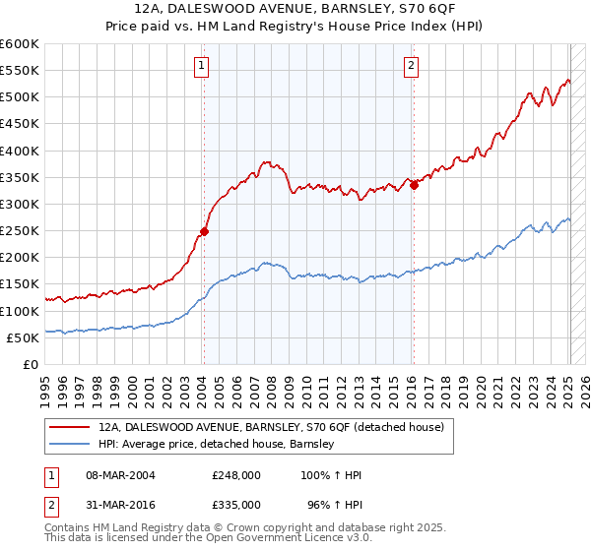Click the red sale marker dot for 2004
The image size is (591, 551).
click(x=204, y=232)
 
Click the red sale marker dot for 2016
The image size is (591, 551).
click(x=414, y=185)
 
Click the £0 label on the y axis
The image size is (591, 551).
click(x=32, y=364)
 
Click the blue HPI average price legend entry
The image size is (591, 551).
click(x=217, y=444)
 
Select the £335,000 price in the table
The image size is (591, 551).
click(x=236, y=503)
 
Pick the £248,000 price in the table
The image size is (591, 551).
click(x=236, y=475)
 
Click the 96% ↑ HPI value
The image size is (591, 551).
click(x=336, y=503)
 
